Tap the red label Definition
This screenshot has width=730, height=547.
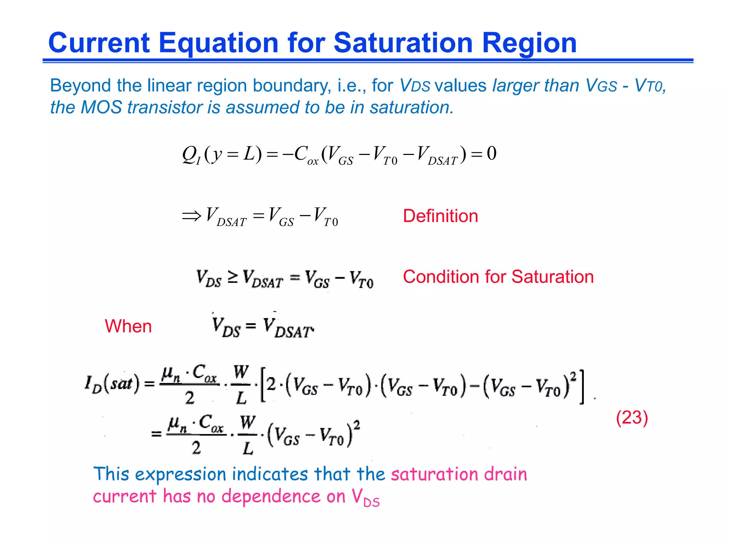[440, 216]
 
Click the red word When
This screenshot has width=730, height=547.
[128, 326]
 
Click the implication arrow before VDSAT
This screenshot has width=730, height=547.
[191, 216]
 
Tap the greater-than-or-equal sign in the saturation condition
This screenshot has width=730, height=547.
[232, 277]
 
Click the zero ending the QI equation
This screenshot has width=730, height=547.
[492, 153]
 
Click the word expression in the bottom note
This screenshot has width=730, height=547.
[181, 474]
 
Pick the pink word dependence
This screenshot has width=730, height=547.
[271, 496]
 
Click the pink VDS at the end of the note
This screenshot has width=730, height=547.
[366, 497]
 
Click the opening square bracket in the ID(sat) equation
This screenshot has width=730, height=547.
[263, 386]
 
